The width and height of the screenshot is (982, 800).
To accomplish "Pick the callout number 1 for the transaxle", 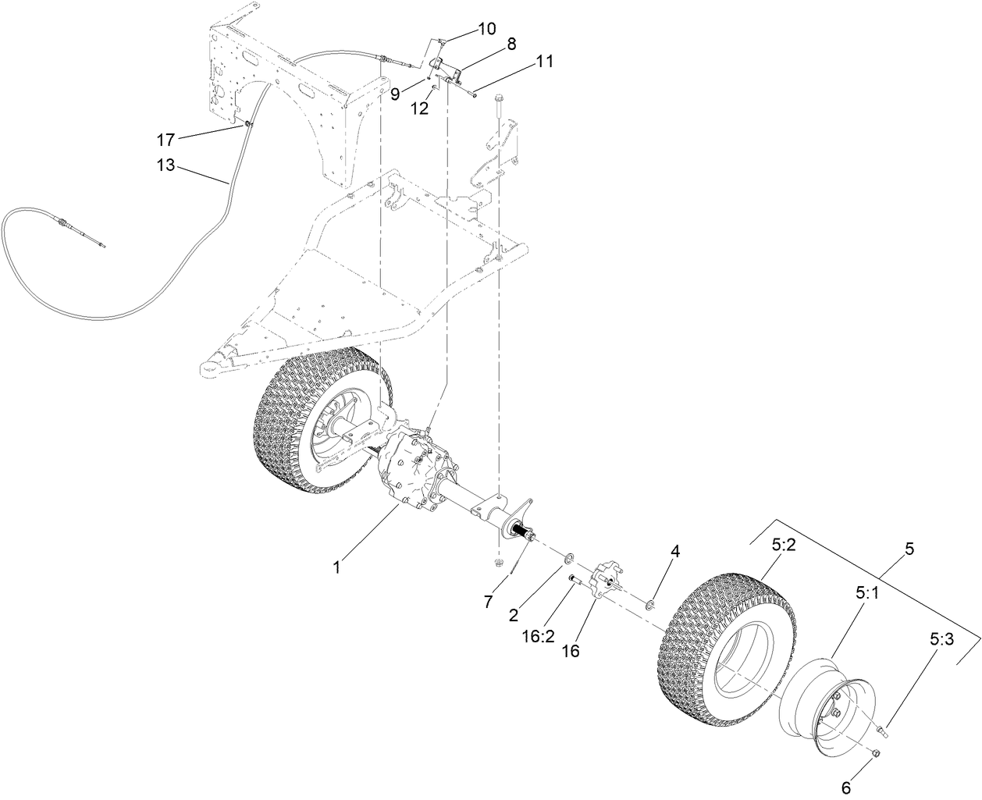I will point(337,567).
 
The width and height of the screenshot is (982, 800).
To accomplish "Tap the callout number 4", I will point(674,551).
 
